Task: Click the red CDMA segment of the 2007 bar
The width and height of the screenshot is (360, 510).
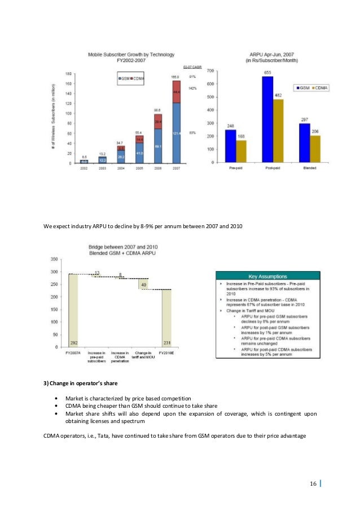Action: click(x=177, y=92)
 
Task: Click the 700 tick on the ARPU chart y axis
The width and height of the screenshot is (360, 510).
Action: click(x=210, y=71)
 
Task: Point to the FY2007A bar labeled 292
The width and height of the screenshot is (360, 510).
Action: click(x=74, y=311)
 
